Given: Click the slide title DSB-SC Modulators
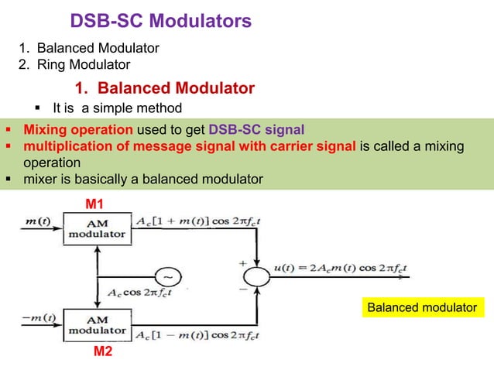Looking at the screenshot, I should (160, 19).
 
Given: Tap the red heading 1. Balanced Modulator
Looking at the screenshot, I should (164, 87).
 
